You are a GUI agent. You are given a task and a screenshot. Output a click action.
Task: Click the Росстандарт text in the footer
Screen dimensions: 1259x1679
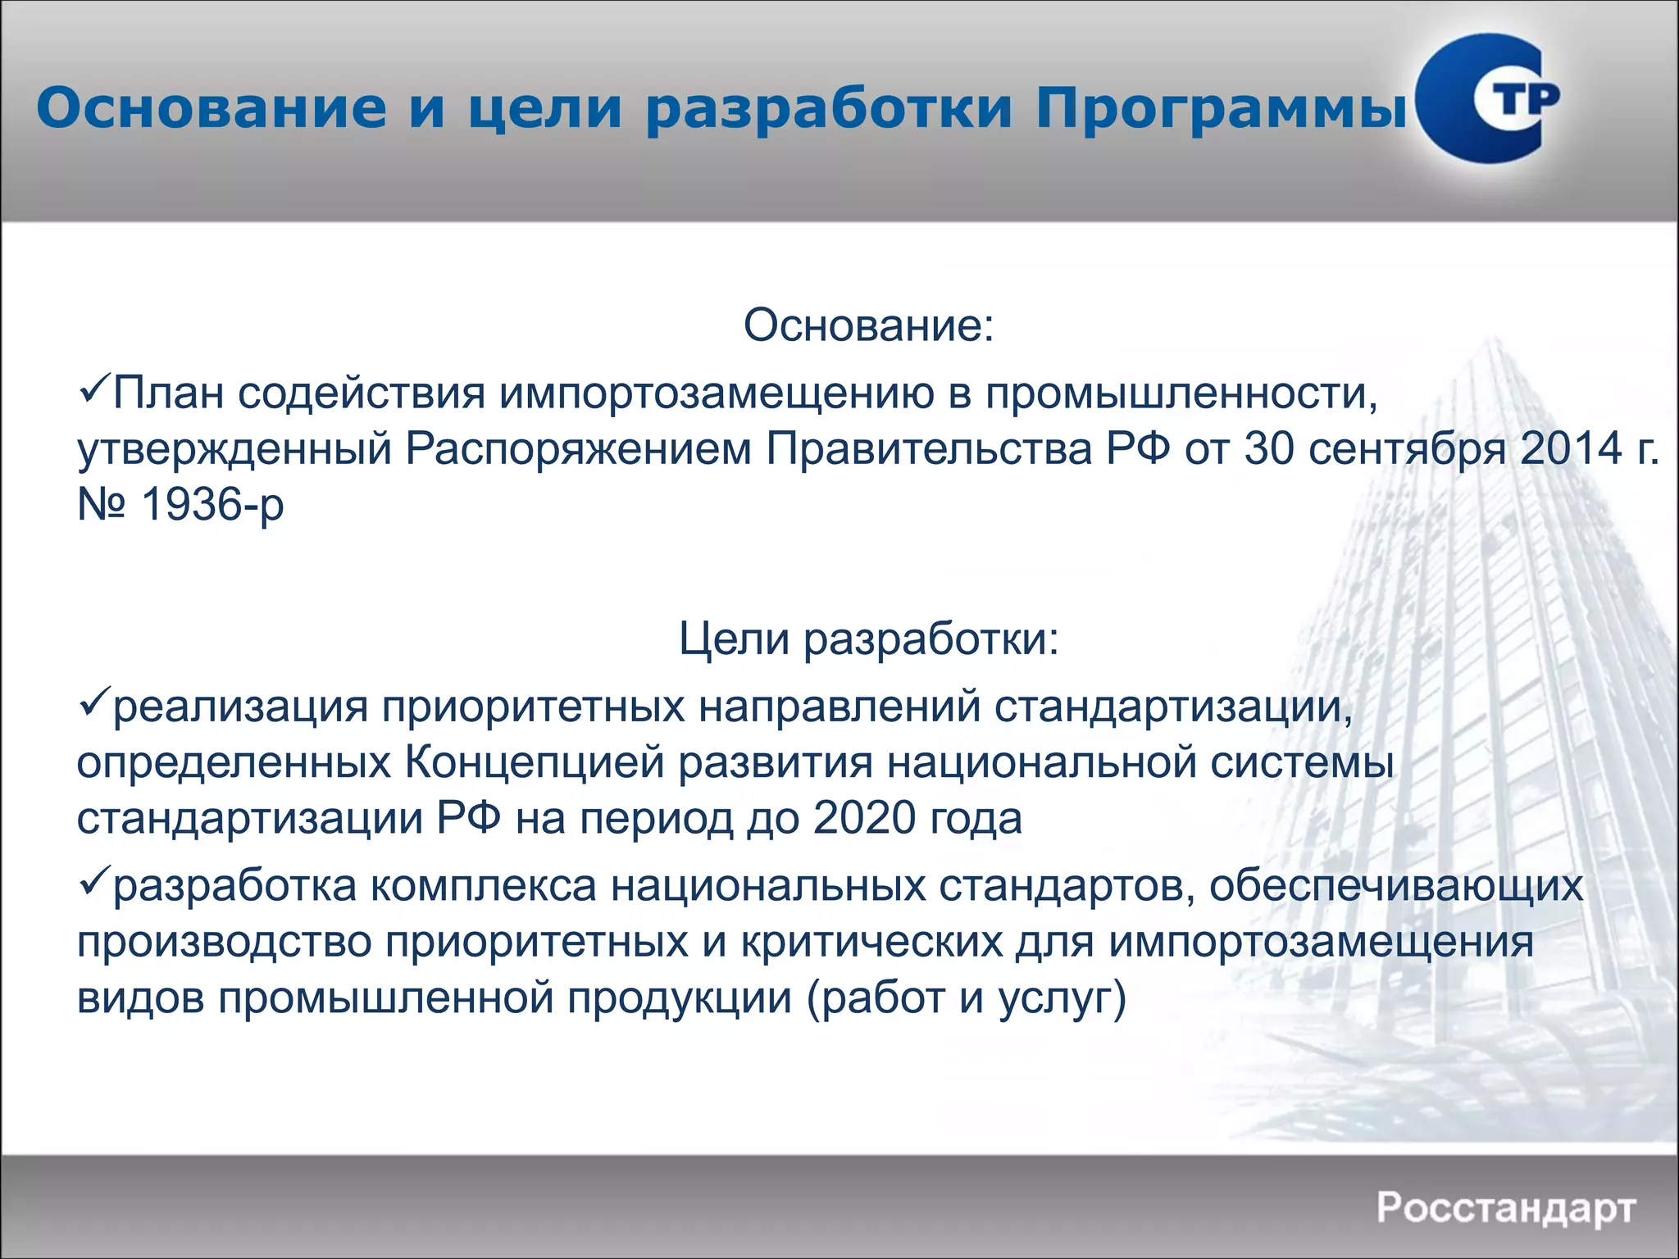coord(1506,1208)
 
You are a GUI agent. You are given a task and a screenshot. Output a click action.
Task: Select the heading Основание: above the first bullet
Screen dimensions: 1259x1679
coord(868,325)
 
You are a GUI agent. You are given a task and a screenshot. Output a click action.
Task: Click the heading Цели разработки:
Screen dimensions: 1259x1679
coord(868,639)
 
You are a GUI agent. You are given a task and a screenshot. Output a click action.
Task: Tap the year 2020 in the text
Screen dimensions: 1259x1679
coord(864,818)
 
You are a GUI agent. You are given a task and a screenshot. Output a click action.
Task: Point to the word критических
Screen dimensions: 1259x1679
coord(871,942)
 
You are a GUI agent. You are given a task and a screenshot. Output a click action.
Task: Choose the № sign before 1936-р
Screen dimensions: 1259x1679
coord(102,504)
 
